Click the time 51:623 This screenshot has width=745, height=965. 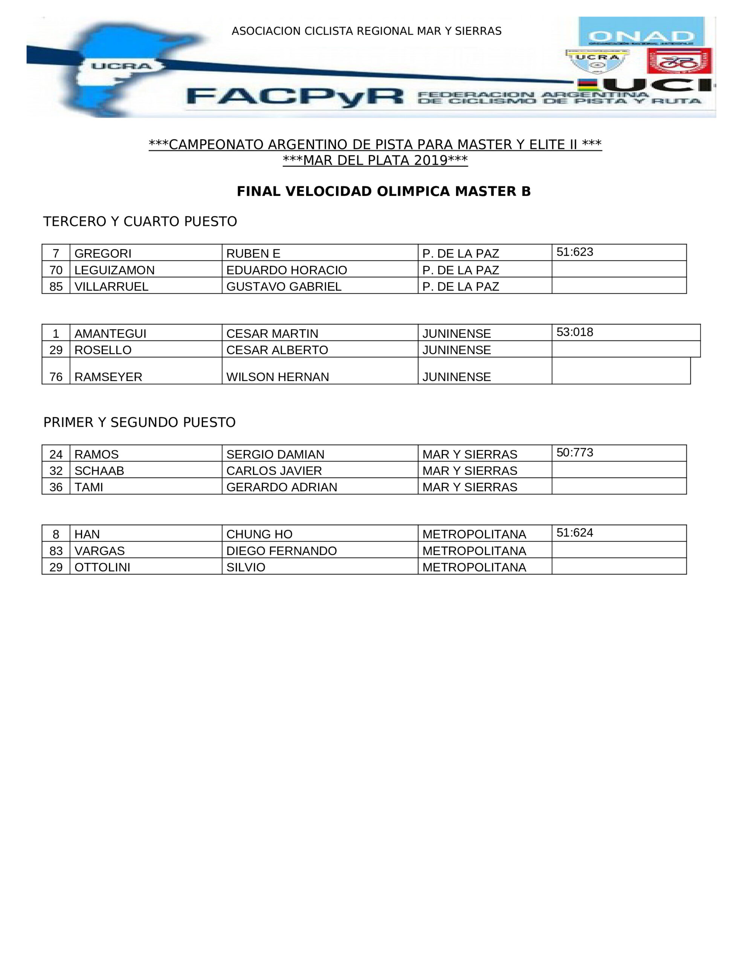[574, 252]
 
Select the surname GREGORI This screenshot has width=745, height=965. [103, 254]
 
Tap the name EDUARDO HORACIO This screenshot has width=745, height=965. [286, 270]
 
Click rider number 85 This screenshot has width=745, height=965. [56, 287]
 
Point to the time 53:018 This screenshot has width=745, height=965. [574, 332]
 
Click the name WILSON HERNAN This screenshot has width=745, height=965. [277, 377]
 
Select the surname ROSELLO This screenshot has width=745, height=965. [103, 350]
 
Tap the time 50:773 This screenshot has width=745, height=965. [574, 452]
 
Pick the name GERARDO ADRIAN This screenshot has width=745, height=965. [281, 487]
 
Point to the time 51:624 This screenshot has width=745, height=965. [574, 533]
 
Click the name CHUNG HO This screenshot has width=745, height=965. [259, 534]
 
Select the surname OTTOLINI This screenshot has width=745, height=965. [102, 567]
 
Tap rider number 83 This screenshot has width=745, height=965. [56, 551]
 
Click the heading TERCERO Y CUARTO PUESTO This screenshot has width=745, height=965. [140, 221]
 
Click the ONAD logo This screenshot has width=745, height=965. [641, 32]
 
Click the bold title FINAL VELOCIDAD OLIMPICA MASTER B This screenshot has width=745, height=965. [383, 191]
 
